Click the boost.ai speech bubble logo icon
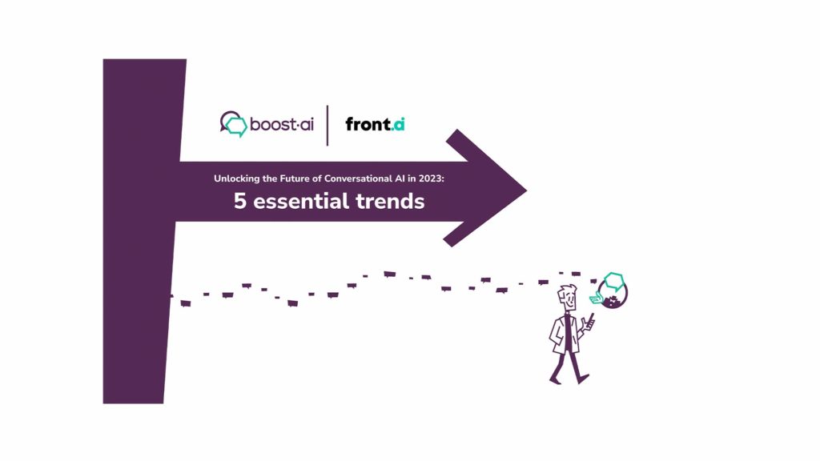coord(233,124)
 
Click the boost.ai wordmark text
coord(282,124)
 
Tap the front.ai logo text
coord(375,124)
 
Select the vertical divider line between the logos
coord(328,126)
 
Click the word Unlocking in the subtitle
coord(237,178)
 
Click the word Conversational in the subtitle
coord(358,178)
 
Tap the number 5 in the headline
coord(239,201)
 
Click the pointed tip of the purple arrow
coord(526,190)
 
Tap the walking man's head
coord(568,298)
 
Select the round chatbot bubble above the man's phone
coord(613,293)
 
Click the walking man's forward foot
coord(583,379)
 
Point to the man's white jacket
coord(565,334)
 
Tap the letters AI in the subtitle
coord(400,178)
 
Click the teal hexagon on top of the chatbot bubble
coord(614,282)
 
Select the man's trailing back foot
coord(555,380)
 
